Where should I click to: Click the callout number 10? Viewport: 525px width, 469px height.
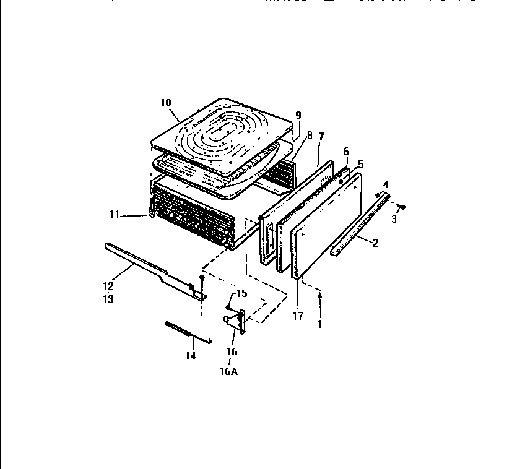pos(165,103)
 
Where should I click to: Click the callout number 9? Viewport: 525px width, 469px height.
pos(298,115)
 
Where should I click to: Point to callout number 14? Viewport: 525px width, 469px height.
pos(190,356)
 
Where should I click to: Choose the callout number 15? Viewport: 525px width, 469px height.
pos(242,293)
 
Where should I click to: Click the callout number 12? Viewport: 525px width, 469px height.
pos(108,286)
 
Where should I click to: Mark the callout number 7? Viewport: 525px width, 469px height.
pos(321,136)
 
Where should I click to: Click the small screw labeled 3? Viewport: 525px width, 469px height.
pos(402,206)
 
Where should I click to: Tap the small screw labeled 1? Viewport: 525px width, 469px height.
pos(319,297)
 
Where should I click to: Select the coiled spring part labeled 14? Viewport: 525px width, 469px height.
pos(180,327)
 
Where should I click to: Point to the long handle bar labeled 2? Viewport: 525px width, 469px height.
pos(359,226)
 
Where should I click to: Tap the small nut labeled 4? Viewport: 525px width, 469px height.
pos(378,196)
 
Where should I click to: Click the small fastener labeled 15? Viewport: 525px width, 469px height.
pos(228,307)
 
